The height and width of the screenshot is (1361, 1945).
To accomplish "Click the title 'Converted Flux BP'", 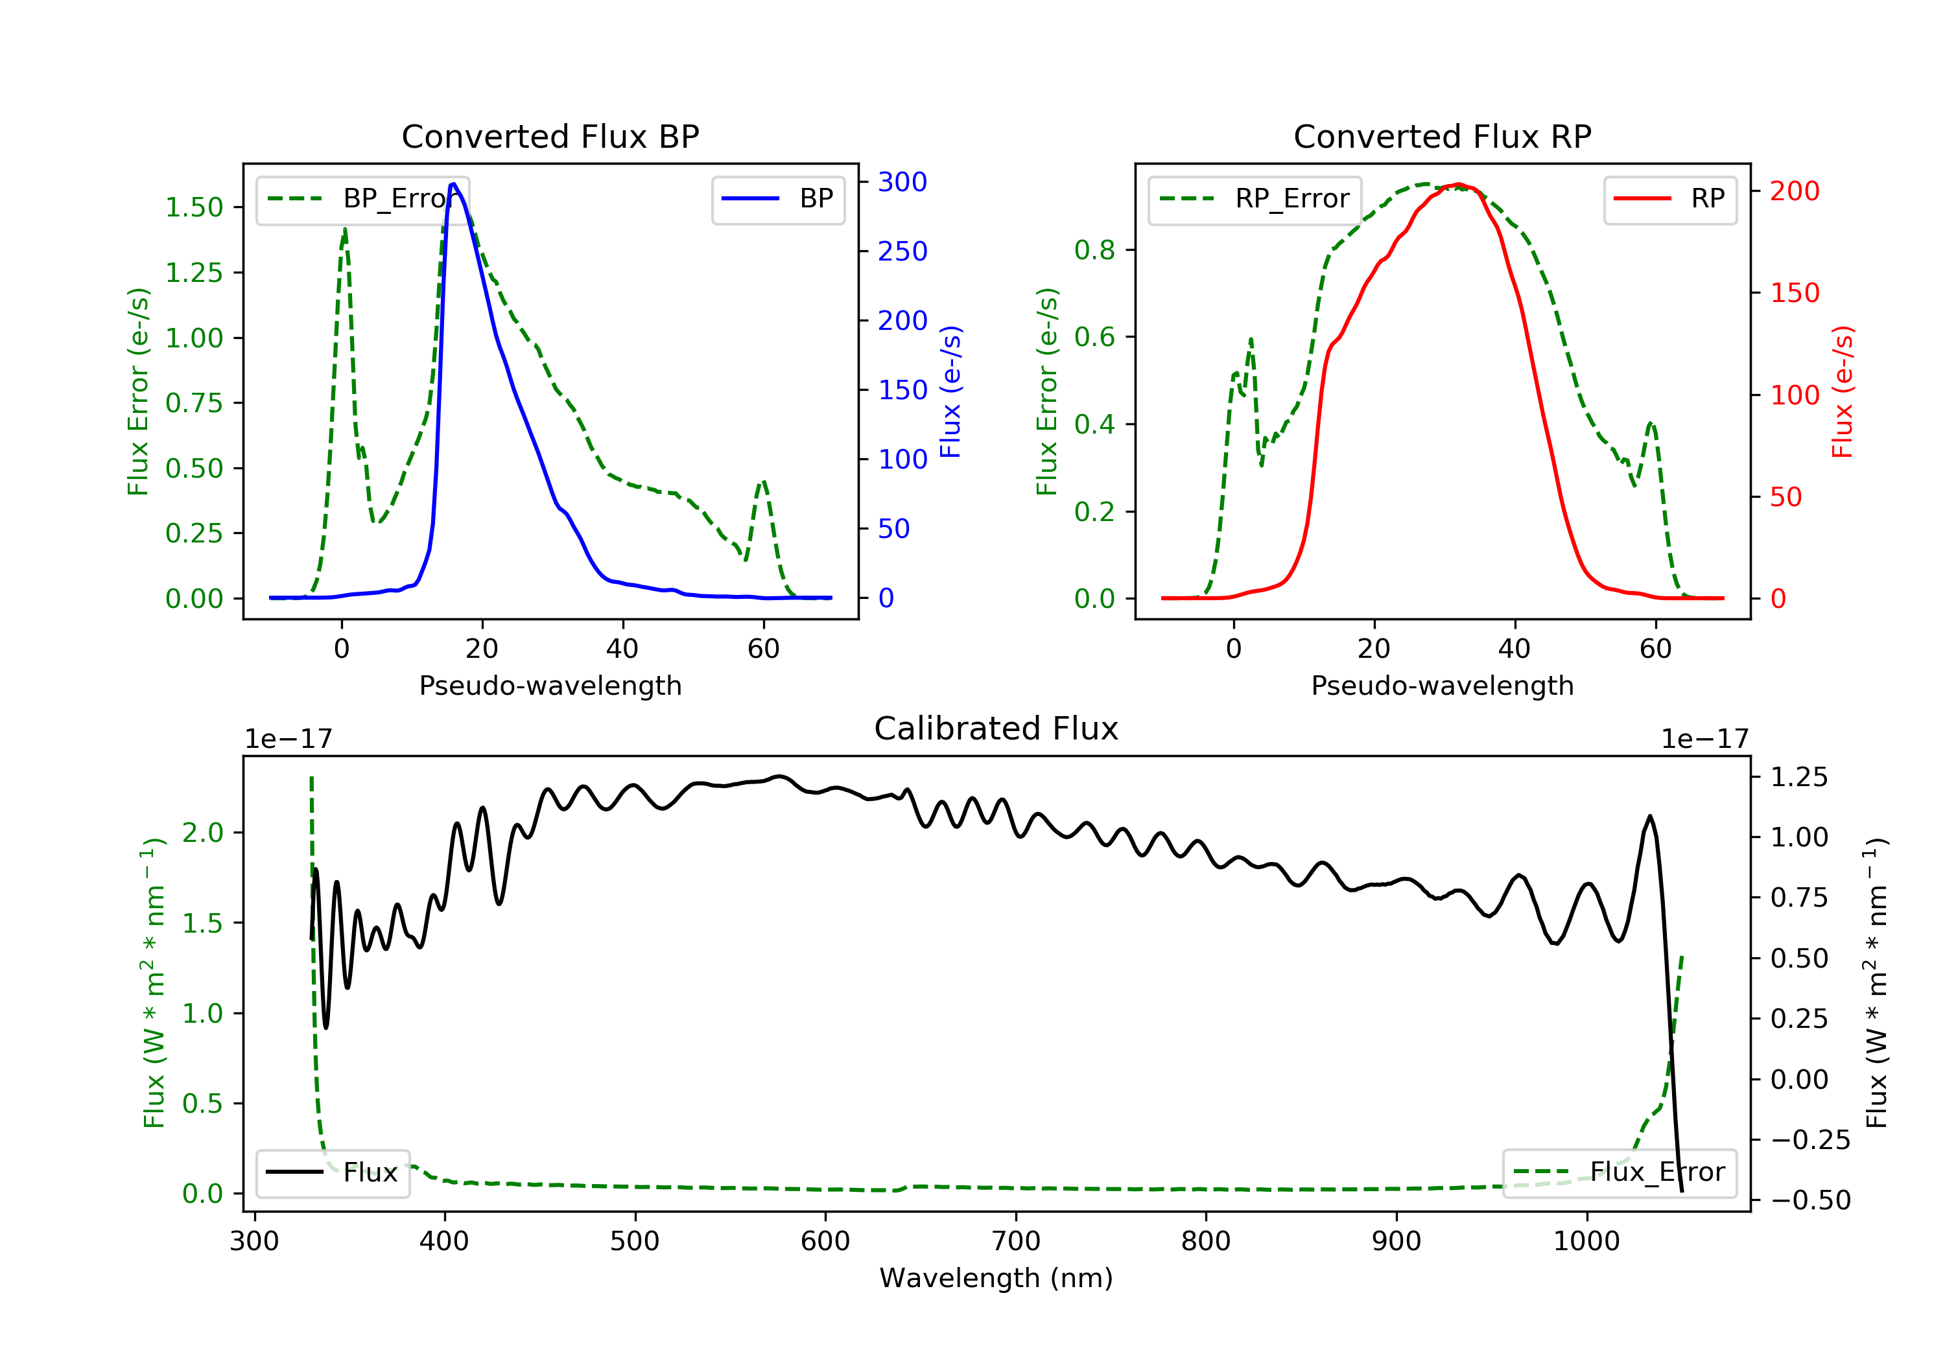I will (550, 136).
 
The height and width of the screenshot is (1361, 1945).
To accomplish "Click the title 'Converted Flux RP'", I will (1442, 136).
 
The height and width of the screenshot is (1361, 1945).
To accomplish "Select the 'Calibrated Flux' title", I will (995, 728).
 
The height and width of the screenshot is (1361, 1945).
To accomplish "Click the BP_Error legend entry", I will (362, 199).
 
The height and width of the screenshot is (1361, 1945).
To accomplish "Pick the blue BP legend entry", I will (777, 199).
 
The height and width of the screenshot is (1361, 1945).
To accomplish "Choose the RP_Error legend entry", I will (1255, 199).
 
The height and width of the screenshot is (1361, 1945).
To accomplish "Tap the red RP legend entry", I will (1669, 199).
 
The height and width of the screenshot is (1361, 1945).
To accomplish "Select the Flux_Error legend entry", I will (1619, 1172).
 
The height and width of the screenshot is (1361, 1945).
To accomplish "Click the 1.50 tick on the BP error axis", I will (194, 207).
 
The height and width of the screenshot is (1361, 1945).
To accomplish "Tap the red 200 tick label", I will (1794, 191).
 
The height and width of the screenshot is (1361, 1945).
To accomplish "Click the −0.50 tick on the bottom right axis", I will (1810, 1200).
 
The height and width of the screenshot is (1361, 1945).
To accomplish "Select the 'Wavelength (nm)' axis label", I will (995, 1278).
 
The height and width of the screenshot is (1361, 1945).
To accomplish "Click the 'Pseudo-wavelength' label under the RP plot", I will (1442, 685).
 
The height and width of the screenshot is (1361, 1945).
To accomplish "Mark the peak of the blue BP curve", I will (453, 184).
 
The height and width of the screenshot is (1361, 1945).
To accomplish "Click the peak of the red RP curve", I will (1458, 184).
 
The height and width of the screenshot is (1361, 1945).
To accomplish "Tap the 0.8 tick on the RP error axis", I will (1094, 250).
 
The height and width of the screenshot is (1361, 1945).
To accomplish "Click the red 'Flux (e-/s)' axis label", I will (1842, 392).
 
